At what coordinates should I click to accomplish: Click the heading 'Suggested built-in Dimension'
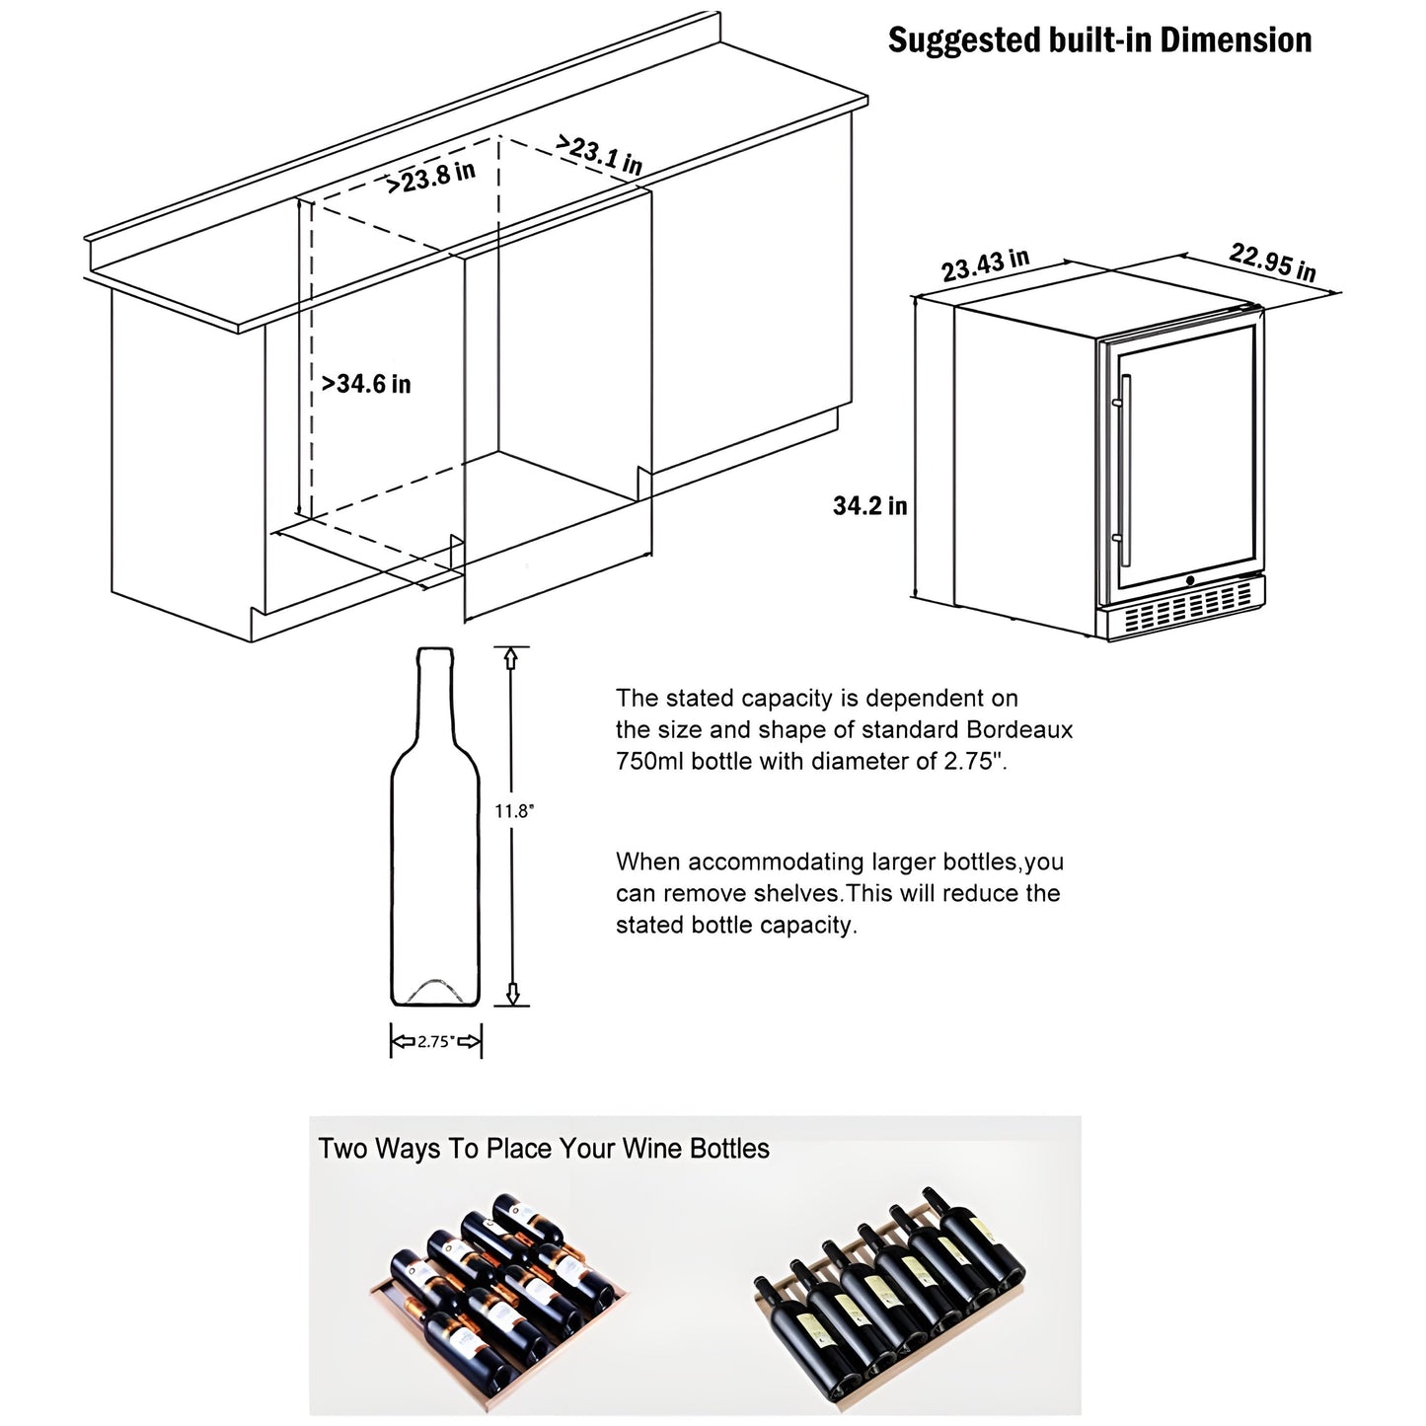tap(1099, 40)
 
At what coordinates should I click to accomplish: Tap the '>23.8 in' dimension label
tap(430, 178)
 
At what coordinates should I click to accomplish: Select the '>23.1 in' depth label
tap(599, 154)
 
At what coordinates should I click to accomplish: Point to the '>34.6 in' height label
tap(366, 384)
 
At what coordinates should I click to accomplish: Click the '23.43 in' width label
tap(984, 265)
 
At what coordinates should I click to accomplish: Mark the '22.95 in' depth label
tap(1272, 263)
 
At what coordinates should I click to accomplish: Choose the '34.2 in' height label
tap(869, 506)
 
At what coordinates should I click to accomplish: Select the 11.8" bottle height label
tap(513, 811)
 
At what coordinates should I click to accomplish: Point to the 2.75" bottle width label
tap(435, 1041)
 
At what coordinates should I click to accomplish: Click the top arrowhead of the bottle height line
tap(511, 654)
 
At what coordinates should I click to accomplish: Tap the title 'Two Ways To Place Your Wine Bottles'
tap(543, 1149)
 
